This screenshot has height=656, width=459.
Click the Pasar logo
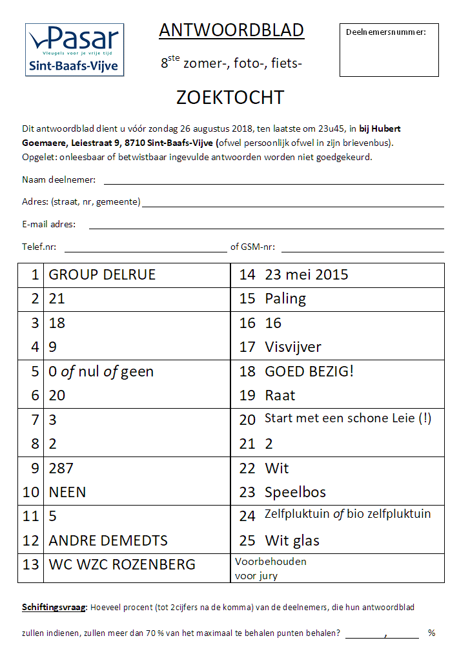[74, 50]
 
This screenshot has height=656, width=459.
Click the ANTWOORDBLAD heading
[231, 30]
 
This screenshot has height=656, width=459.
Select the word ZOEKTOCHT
[230, 97]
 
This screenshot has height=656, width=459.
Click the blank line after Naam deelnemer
[274, 181]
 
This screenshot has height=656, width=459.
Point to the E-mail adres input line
[266, 225]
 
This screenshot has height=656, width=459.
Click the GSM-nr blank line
[362, 248]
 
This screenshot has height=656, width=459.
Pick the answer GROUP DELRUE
[102, 274]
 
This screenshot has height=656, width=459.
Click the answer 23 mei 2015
[307, 274]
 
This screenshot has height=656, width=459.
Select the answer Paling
[285, 298]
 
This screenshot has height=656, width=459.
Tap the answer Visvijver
[293, 347]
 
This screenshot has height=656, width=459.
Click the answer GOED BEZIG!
[309, 371]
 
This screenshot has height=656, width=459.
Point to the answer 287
[61, 468]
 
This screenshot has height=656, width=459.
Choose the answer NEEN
[67, 492]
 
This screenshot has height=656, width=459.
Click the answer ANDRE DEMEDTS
[108, 540]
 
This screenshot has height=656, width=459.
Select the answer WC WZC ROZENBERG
[122, 564]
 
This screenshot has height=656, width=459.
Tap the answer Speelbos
[295, 492]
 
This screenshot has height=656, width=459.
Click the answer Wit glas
[292, 540]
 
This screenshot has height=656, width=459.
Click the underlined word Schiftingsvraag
[54, 608]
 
